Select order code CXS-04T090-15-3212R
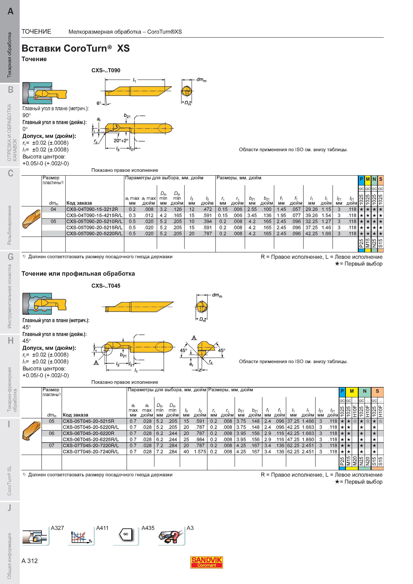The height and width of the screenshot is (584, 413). tap(92, 209)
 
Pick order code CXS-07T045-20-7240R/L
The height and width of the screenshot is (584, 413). tap(91, 452)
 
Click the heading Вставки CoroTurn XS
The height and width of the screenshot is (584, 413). tap(76, 48)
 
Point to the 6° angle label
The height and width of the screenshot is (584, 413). tap(99, 103)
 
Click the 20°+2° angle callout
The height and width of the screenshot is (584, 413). tap(121, 140)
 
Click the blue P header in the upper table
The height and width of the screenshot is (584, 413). tap(361, 179)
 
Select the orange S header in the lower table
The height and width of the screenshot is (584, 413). tap(377, 391)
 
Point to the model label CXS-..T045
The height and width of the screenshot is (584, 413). tap(106, 286)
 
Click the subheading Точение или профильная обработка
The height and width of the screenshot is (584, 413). tap(78, 274)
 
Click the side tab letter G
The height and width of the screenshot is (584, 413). tap(10, 257)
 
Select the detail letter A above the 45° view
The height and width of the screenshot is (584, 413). tap(194, 338)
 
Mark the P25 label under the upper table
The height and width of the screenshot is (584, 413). tap(361, 243)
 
